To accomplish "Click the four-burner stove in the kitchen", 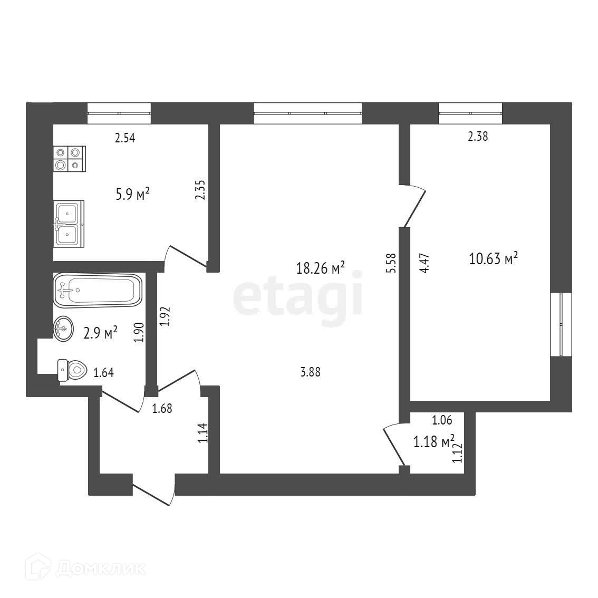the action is click(x=69, y=159).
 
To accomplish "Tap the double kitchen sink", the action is click(x=68, y=224).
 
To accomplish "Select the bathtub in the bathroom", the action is click(x=98, y=290).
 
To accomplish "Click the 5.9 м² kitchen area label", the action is click(x=132, y=195).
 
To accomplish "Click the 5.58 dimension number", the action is click(x=391, y=262).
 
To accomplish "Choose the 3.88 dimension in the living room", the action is click(x=310, y=372).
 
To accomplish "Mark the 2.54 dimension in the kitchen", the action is click(x=126, y=139).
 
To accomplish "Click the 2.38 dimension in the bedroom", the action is click(x=478, y=137).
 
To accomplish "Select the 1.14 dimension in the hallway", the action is click(x=202, y=434).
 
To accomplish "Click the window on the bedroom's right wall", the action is click(x=561, y=324).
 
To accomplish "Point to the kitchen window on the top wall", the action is click(x=119, y=113).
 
